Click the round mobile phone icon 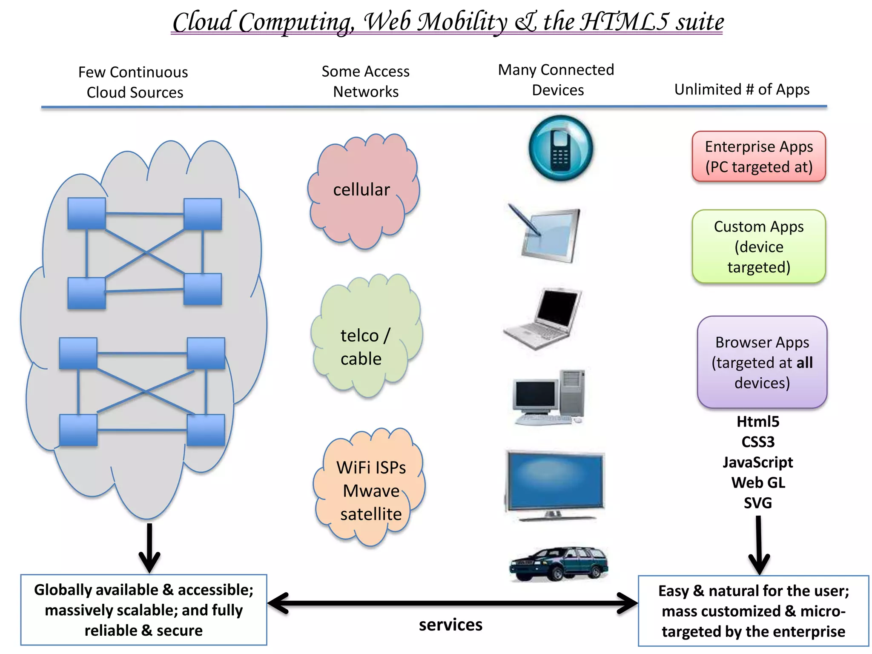pyautogui.click(x=560, y=148)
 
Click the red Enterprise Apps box pyautogui.click(x=758, y=157)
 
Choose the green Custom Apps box pyautogui.click(x=758, y=247)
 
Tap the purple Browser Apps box pyautogui.click(x=762, y=362)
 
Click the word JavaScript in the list pyautogui.click(x=758, y=462)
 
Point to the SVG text pyautogui.click(x=758, y=503)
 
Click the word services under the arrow pyautogui.click(x=450, y=625)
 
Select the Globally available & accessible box pyautogui.click(x=144, y=610)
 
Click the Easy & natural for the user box pyautogui.click(x=753, y=611)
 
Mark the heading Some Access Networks pyautogui.click(x=365, y=81)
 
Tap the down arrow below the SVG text pyautogui.click(x=759, y=545)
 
